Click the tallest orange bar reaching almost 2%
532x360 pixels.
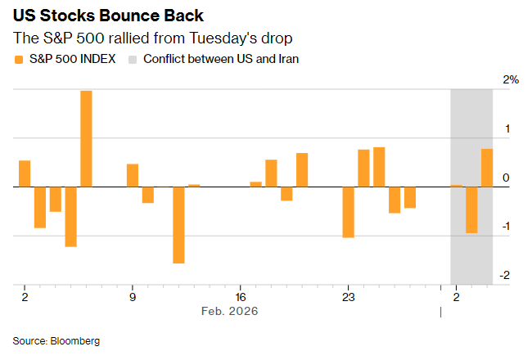pos(86,138)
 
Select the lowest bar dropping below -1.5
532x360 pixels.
pos(178,225)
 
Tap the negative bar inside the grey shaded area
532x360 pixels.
pos(471,209)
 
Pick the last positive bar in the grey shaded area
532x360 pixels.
pos(487,168)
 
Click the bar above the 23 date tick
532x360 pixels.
pos(348,212)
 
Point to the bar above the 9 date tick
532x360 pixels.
pos(133,175)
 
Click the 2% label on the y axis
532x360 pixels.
pos(512,80)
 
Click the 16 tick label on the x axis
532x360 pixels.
pos(240,296)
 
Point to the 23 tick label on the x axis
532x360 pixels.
pos(348,296)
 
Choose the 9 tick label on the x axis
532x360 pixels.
pos(133,296)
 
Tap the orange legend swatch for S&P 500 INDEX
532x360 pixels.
pos(19,59)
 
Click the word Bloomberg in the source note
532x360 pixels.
pos(75,340)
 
